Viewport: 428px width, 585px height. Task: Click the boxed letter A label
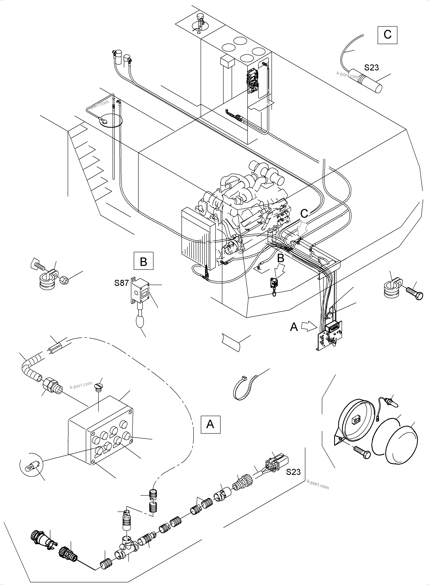210,424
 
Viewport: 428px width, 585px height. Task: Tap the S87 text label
121,283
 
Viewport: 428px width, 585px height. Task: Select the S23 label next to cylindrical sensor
371,68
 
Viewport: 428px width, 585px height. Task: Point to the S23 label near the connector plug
293,472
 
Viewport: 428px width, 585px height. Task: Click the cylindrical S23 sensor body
365,81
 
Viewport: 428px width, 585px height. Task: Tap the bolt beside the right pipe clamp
414,294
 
